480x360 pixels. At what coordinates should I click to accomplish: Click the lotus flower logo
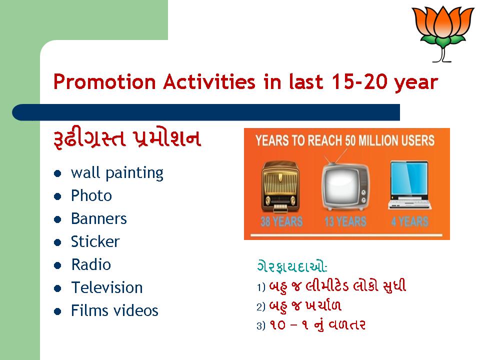[442, 33]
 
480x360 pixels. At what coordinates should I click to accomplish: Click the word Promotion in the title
[104, 81]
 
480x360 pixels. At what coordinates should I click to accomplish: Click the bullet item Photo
[91, 195]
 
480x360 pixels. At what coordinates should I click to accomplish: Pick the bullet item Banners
[98, 218]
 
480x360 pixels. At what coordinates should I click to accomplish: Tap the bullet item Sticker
[95, 241]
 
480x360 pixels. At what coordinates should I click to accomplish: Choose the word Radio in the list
[91, 264]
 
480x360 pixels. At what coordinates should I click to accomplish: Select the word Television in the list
[107, 287]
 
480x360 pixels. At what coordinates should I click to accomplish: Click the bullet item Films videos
[114, 310]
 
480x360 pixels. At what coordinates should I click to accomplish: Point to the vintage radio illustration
[280, 186]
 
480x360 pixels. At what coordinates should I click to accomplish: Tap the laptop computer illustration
[409, 185]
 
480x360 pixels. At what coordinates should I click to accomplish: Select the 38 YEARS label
[281, 221]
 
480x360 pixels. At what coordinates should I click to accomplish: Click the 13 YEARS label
[345, 221]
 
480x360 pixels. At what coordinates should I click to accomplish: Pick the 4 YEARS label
[409, 221]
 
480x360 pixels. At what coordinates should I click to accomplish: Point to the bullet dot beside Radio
[57, 265]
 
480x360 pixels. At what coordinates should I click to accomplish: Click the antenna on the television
[336, 156]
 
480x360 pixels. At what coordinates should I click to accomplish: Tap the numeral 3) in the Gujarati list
[261, 326]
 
